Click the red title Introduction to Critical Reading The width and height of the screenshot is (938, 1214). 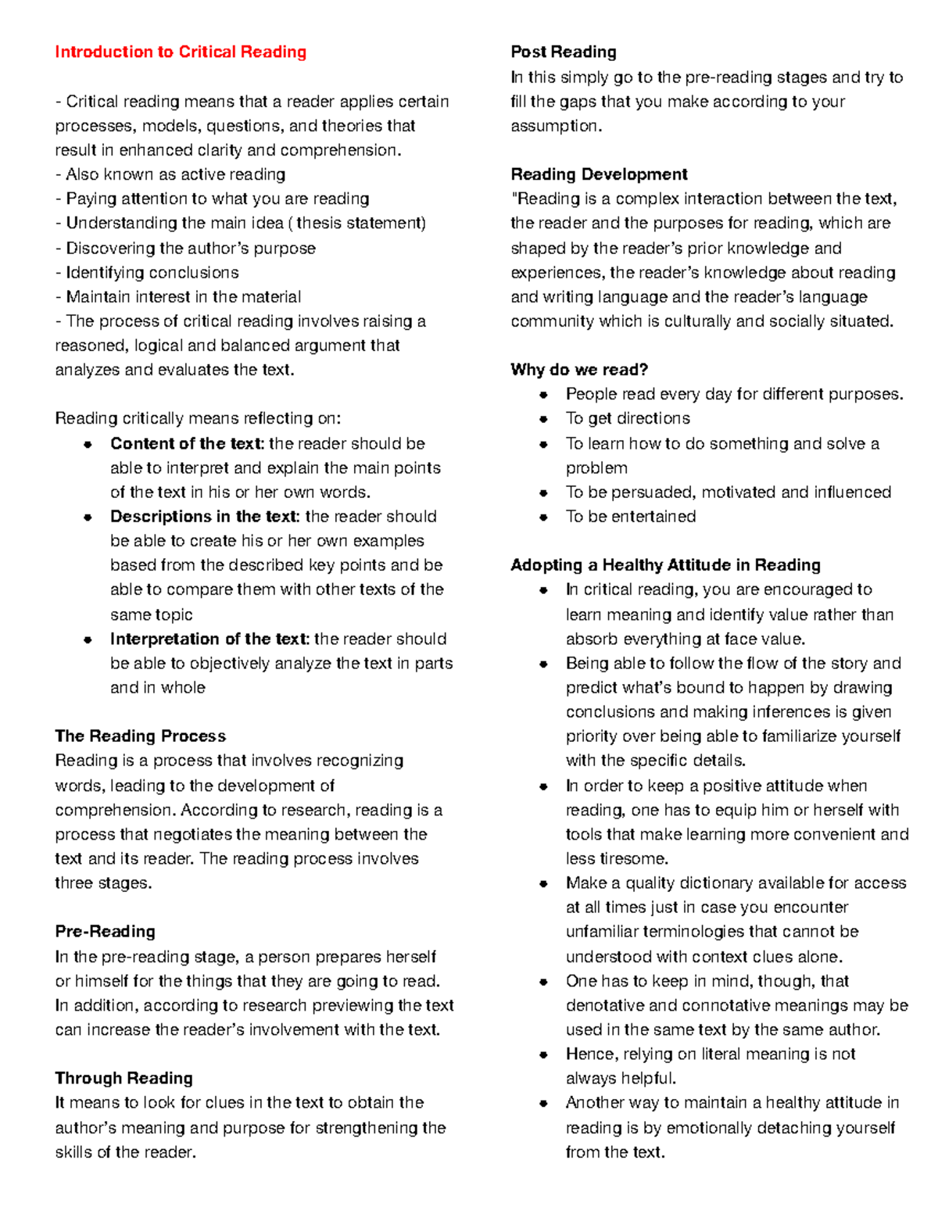pyautogui.click(x=181, y=52)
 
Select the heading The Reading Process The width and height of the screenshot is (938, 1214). pyautogui.click(x=140, y=736)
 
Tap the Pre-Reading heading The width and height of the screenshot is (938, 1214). pyautogui.click(x=105, y=931)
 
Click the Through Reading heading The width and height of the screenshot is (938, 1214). pyautogui.click(x=124, y=1078)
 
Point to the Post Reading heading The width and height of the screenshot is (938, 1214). pyautogui.click(x=563, y=52)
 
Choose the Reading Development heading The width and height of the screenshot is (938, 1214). pyautogui.click(x=599, y=174)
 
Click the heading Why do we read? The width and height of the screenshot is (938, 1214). pyautogui.click(x=579, y=370)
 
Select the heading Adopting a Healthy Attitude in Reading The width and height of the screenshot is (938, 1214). pyautogui.click(x=665, y=565)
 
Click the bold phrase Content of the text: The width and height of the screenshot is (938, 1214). pyautogui.click(x=187, y=443)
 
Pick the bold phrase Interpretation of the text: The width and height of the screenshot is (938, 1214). pyautogui.click(x=209, y=639)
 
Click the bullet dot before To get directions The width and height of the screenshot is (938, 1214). pyautogui.click(x=543, y=419)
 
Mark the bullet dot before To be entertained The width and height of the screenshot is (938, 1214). pyautogui.click(x=543, y=517)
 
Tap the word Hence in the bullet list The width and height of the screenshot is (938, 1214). pyautogui.click(x=589, y=1054)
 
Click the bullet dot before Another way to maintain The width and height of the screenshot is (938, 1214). pyautogui.click(x=543, y=1103)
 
